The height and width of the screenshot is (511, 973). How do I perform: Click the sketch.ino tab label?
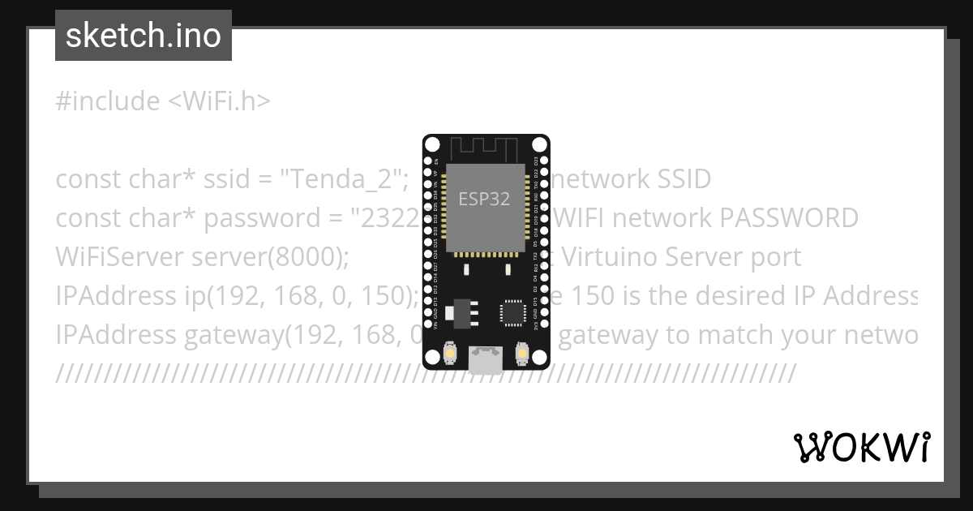pyautogui.click(x=144, y=36)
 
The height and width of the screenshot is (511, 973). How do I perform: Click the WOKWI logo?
pyautogui.click(x=861, y=447)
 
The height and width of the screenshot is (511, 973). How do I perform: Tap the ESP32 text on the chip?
pyautogui.click(x=484, y=199)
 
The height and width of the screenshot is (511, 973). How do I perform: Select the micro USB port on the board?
pyautogui.click(x=486, y=359)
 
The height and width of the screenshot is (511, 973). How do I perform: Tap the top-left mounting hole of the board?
pyautogui.click(x=432, y=145)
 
